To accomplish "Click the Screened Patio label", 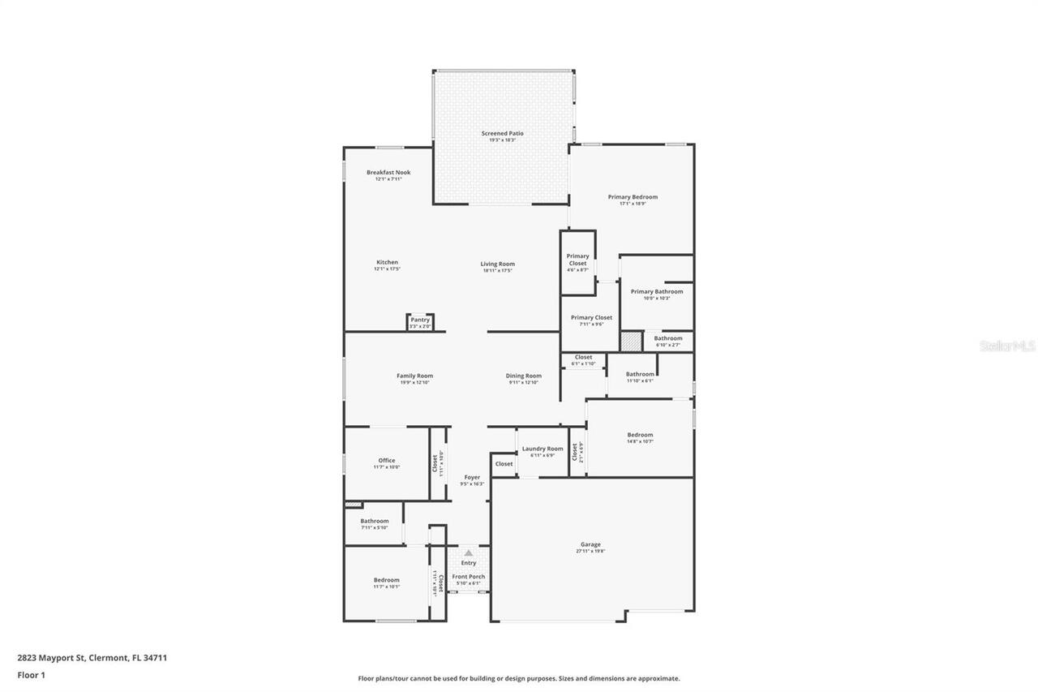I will click(502, 133).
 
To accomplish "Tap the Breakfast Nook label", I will click(388, 172).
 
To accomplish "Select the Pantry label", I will click(419, 320).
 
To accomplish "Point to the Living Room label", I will click(497, 264).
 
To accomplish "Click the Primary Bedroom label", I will click(633, 196).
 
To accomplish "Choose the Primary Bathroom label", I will click(657, 291).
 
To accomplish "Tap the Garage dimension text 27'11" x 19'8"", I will click(590, 552).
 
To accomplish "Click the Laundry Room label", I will click(543, 449).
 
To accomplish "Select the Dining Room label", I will click(523, 376).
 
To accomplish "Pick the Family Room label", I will click(414, 376).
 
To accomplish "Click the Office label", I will click(387, 460).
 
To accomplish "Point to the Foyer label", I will click(472, 477).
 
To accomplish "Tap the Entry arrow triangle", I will click(468, 552).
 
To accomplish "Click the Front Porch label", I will click(469, 577).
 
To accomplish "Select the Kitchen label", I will click(387, 262).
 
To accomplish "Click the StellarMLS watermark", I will click(1007, 346).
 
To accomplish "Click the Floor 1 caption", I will click(32, 674).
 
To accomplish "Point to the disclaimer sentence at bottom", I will click(519, 678).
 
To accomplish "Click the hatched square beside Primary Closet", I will click(631, 342).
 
